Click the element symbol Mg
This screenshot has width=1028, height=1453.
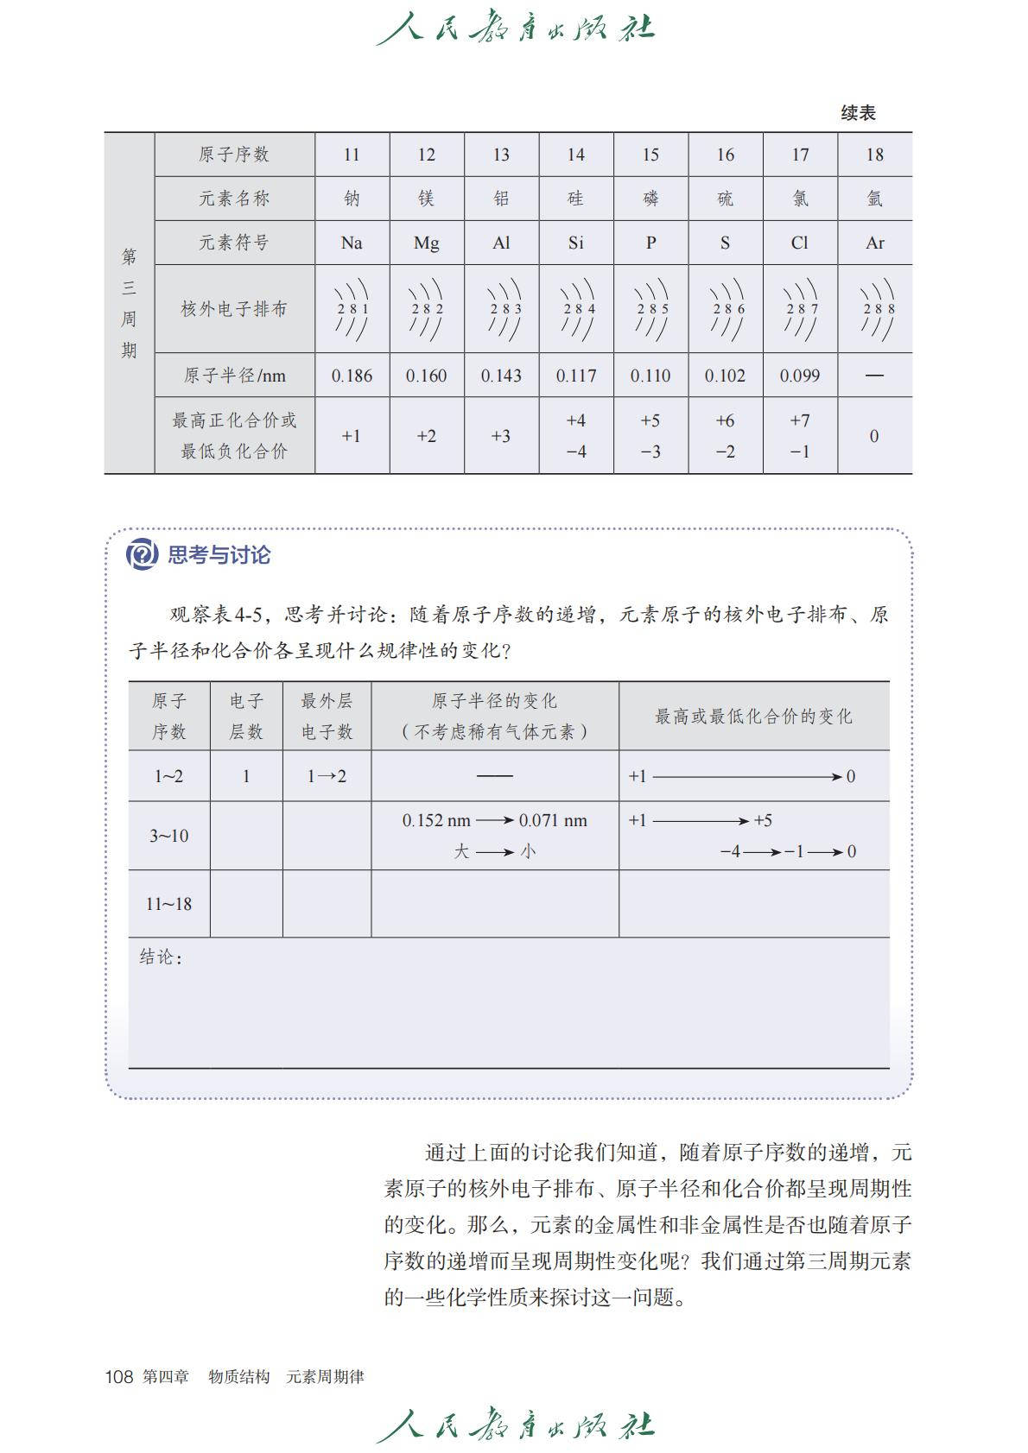pyautogui.click(x=426, y=243)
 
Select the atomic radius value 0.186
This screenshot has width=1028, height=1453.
pyautogui.click(x=352, y=376)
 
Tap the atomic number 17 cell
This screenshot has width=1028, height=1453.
pyautogui.click(x=800, y=155)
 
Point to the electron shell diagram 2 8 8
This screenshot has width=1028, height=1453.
pyautogui.click(x=875, y=309)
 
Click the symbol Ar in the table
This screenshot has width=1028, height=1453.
pyautogui.click(x=874, y=243)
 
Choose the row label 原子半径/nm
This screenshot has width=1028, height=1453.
pyautogui.click(x=234, y=376)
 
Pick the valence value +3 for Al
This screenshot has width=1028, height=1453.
pyautogui.click(x=501, y=436)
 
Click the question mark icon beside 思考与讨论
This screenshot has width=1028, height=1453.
pyautogui.click(x=142, y=553)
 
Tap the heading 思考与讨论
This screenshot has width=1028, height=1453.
pyautogui.click(x=219, y=554)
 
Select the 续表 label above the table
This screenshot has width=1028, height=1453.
pyautogui.click(x=858, y=113)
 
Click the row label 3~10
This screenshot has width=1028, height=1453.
pyautogui.click(x=168, y=836)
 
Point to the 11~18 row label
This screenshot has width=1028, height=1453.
pyautogui.click(x=168, y=904)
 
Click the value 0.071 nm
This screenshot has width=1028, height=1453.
pyautogui.click(x=553, y=820)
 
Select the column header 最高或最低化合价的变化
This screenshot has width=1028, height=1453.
pyautogui.click(x=753, y=717)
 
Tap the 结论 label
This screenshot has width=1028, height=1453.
pyautogui.click(x=160, y=957)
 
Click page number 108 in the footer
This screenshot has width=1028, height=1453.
pyautogui.click(x=118, y=1376)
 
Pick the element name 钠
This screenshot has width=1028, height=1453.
pyautogui.click(x=352, y=199)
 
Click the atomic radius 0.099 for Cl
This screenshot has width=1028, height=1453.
pyautogui.click(x=800, y=376)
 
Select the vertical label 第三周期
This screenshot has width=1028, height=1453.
pyautogui.click(x=129, y=303)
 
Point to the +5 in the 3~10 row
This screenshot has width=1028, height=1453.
pyautogui.click(x=763, y=820)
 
